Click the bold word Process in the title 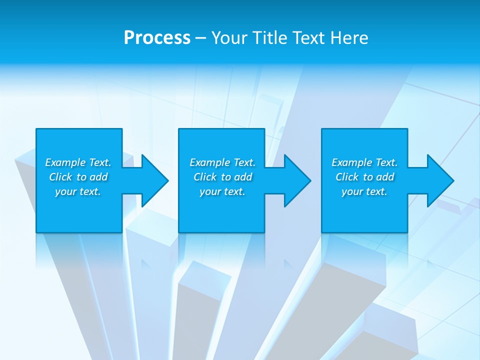tap(157, 38)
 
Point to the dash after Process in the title tap(200, 38)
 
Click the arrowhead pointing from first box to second tap(153, 180)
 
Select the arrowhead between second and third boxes tap(296, 180)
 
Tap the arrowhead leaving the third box tap(439, 180)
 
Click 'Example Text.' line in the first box tap(78, 162)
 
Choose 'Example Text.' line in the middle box tap(222, 162)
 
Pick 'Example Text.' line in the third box tap(364, 162)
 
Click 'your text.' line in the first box tap(78, 191)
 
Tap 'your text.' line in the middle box tap(222, 191)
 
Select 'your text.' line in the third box tap(364, 191)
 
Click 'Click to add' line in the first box tap(78, 177)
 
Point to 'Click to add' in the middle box tap(222, 177)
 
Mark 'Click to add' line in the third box tap(364, 177)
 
